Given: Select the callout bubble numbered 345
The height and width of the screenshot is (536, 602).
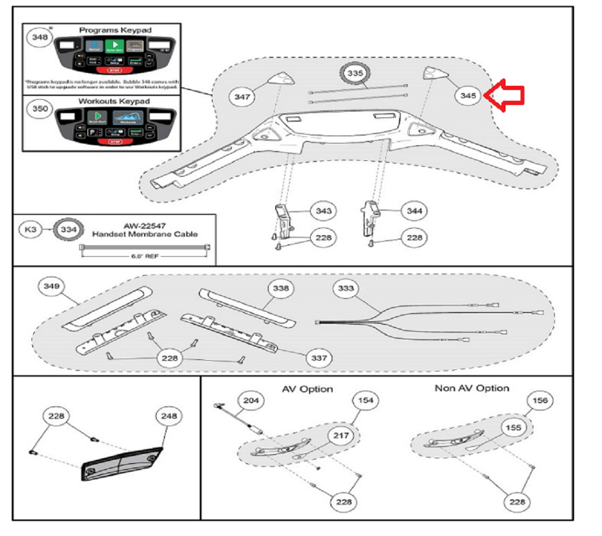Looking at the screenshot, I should (468, 96).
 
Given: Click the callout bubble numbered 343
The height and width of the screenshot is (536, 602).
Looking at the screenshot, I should (323, 211).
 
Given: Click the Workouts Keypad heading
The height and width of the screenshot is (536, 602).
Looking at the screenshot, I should (114, 101).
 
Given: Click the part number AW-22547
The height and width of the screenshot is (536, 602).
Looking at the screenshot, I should (145, 226).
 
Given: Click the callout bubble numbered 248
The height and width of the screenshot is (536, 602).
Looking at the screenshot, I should (169, 416).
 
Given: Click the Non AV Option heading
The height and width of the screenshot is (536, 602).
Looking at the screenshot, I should (472, 389).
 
